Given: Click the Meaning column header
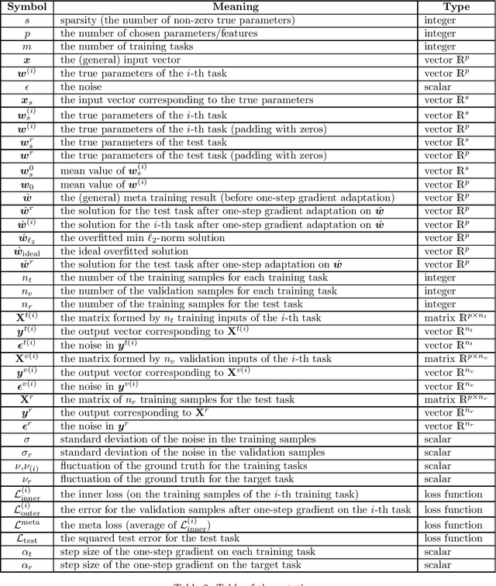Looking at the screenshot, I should pos(236,7).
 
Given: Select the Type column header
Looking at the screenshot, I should pos(456,7).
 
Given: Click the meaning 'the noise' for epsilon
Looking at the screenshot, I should pos(81,86).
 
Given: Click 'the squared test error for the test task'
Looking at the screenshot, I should pos(155,538).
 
